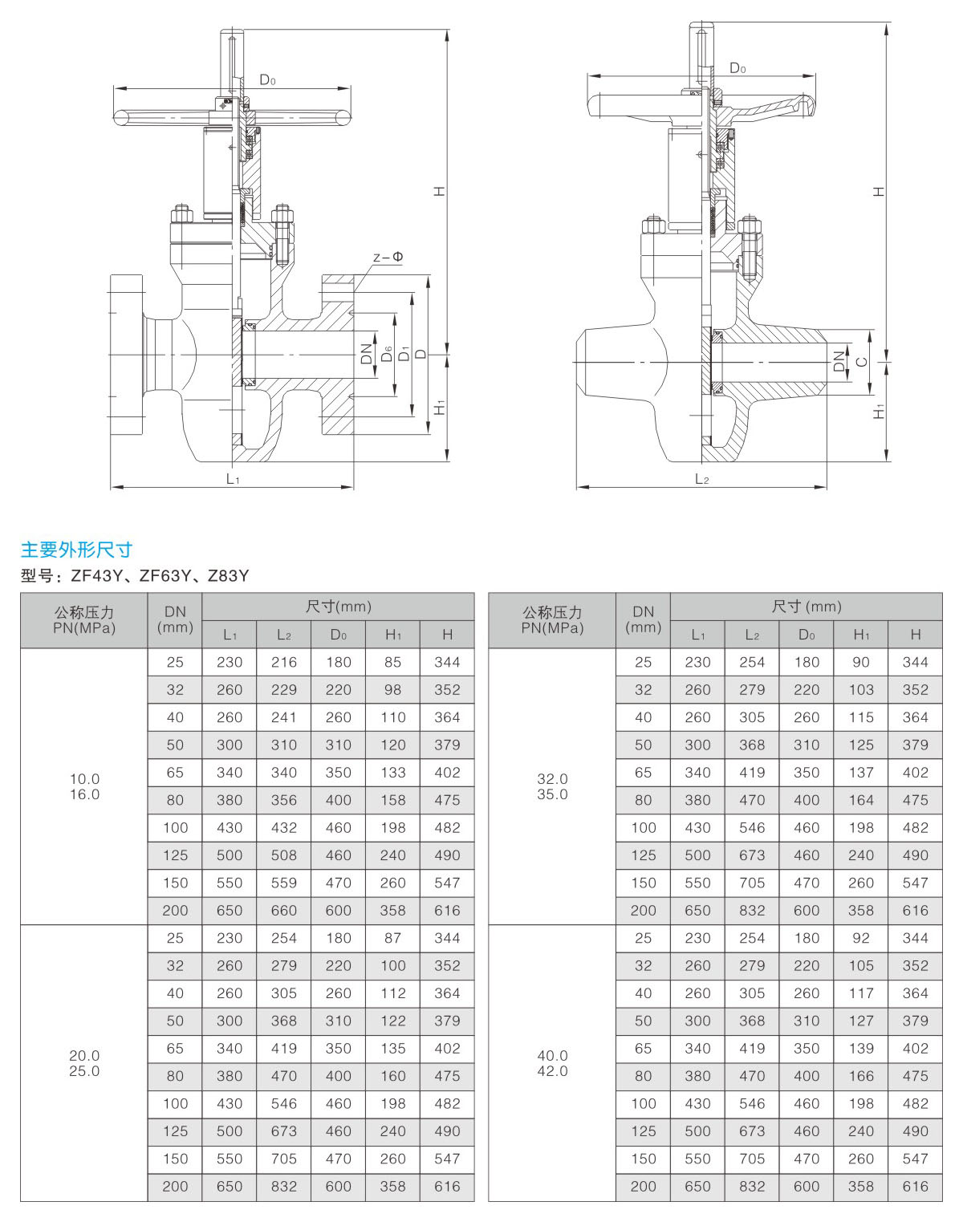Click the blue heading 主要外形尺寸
point(76,550)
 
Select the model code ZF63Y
point(165,575)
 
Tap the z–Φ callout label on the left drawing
point(388,258)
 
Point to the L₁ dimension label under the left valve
point(233,479)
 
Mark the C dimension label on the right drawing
point(861,362)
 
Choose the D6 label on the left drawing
point(386,354)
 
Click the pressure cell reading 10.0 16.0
point(84,786)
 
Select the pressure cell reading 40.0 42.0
point(552,1063)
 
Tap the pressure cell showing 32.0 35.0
point(552,786)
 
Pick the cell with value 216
point(284,662)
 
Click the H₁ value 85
point(392,662)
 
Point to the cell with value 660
point(284,911)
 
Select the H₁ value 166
point(861,1076)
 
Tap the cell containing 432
point(284,827)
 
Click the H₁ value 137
point(861,773)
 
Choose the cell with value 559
point(284,883)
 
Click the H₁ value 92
point(861,938)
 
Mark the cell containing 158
point(392,800)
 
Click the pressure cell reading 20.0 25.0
point(84,1063)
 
